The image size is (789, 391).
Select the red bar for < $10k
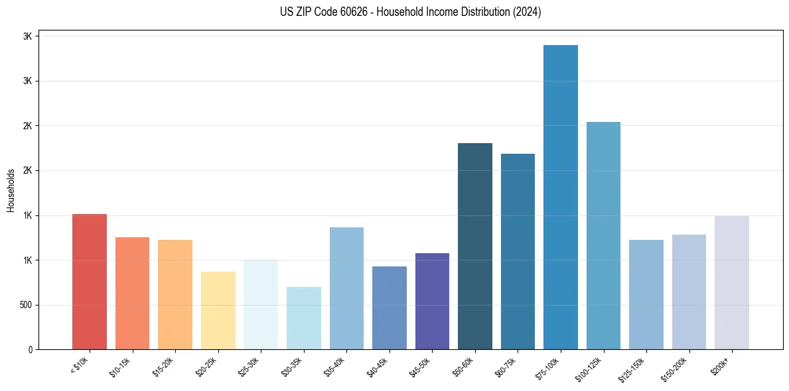[90, 282]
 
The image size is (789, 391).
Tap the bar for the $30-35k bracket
[304, 318]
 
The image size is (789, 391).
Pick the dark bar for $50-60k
[475, 246]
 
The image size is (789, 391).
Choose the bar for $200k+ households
[732, 282]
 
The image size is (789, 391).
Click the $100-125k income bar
[603, 235]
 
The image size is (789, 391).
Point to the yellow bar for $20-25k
[218, 310]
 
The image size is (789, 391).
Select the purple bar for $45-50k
[432, 301]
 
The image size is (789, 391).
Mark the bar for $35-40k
[346, 288]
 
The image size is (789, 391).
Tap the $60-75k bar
[518, 251]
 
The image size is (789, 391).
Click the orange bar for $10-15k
[132, 293]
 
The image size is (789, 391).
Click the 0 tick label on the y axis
[30, 349]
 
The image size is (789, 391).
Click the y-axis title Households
[11, 190]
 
